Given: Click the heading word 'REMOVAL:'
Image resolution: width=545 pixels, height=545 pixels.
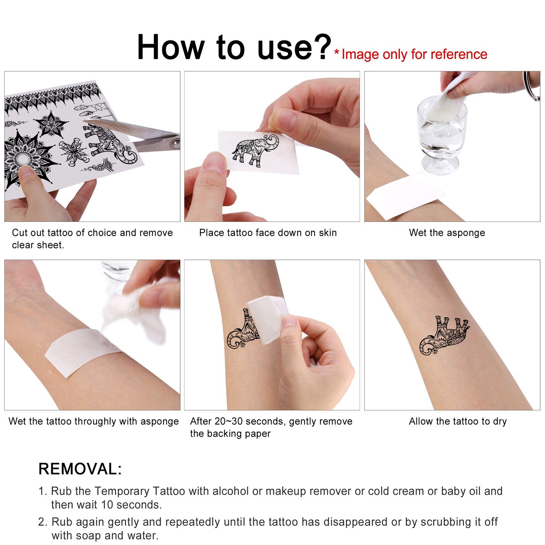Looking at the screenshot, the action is pyautogui.click(x=80, y=469).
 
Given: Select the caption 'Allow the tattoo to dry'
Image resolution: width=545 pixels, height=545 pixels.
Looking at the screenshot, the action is pyautogui.click(x=457, y=421).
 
